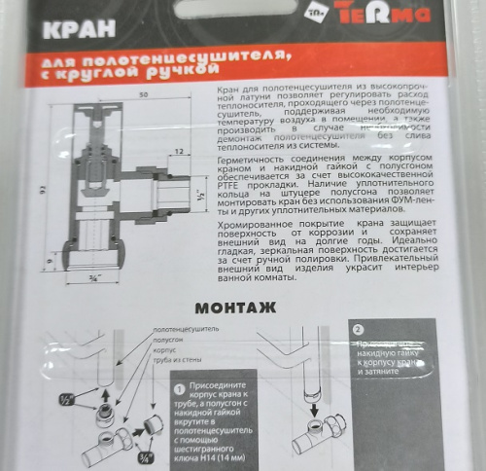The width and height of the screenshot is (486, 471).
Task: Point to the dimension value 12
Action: (181, 150)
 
